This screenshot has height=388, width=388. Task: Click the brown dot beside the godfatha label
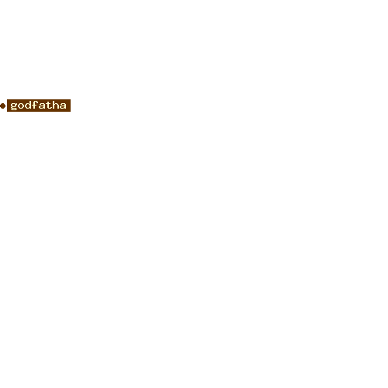tap(3, 106)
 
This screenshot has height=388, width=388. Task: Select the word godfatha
tap(38, 106)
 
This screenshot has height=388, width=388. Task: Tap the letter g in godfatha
tap(14, 106)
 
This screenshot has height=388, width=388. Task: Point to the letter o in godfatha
tap(21, 106)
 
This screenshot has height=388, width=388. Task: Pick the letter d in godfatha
tap(28, 105)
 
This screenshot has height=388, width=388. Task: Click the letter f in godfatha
tap(35, 105)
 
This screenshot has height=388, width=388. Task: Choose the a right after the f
tap(42, 106)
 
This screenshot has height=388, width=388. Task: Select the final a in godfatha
tap(63, 106)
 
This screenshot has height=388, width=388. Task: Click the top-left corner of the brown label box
tap(7, 99)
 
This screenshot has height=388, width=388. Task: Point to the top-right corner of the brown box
tap(71, 99)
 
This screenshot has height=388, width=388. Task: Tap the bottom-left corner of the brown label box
tap(7, 112)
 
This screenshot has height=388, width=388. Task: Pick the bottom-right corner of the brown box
tap(71, 112)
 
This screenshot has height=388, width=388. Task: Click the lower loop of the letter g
tap(13, 109)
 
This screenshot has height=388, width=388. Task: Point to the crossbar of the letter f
tap(35, 103)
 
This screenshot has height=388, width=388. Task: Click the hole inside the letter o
tap(21, 106)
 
